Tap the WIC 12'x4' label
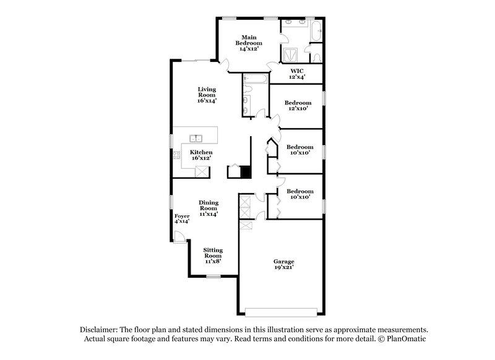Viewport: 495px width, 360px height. (297, 74)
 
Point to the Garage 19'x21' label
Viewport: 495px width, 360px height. (284, 265)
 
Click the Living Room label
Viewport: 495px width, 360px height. (207, 94)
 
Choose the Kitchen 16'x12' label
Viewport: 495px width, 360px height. (201, 155)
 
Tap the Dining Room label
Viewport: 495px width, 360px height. (208, 207)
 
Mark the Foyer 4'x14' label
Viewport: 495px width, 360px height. (181, 218)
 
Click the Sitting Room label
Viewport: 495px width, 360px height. (213, 255)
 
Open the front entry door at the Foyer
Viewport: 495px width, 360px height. (178, 236)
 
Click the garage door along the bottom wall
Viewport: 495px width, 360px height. (282, 311)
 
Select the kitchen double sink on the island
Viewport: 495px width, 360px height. (197, 137)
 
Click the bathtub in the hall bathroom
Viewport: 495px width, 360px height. (255, 79)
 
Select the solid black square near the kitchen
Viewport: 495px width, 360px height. (245, 173)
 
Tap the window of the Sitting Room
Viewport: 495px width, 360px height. (213, 276)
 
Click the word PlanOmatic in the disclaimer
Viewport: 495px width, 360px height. (403, 340)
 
